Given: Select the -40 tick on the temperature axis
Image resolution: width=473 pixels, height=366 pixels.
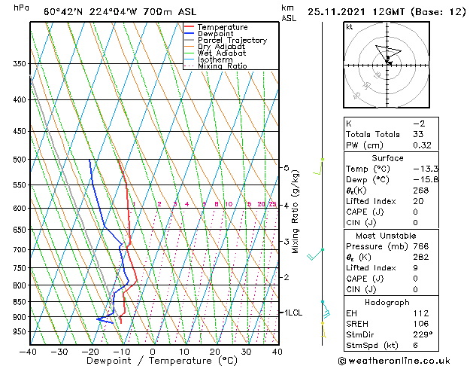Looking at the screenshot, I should coord(29,351).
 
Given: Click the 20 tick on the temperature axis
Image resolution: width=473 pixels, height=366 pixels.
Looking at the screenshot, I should coord(215,351).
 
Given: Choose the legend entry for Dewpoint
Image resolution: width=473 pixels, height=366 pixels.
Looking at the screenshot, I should coord(215,34).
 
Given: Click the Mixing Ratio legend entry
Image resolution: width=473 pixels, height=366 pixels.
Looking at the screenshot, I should coord(223,66).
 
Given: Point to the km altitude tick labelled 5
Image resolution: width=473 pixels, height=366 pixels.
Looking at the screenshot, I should coord(286,168).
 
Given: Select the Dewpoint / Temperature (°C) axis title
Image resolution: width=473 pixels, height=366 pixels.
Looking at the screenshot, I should coord(153,361).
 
